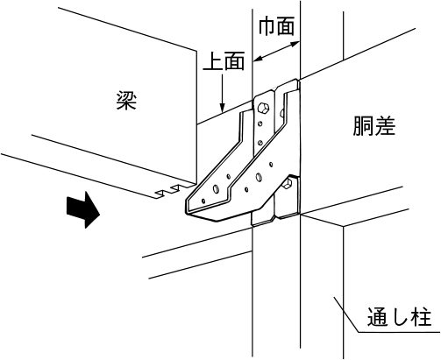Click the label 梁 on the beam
(126, 100)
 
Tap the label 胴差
(374, 126)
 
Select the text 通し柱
(399, 317)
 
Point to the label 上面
(224, 60)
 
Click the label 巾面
(276, 26)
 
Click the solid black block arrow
(83, 209)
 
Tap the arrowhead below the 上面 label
(223, 108)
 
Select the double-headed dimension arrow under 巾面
(276, 52)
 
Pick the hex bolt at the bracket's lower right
(287, 184)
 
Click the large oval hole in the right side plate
(259, 177)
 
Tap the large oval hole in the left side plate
(216, 188)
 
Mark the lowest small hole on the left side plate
(203, 201)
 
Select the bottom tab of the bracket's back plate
(263, 218)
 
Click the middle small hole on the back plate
(260, 124)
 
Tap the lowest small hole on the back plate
(260, 143)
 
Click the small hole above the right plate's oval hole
(271, 165)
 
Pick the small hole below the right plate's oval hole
(246, 189)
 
